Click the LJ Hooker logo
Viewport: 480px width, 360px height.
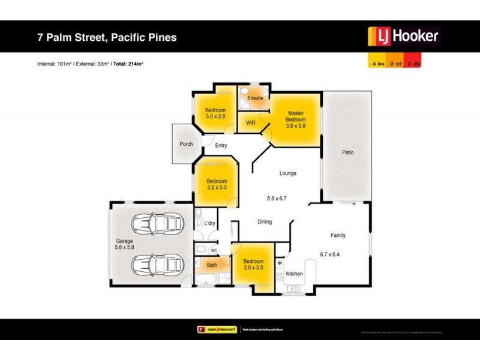pos(403,37)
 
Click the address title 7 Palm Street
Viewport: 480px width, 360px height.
pos(107,37)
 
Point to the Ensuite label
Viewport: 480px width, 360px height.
pos(255,98)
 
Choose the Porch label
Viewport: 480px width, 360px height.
pos(186,144)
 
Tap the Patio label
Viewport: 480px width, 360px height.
pos(348,152)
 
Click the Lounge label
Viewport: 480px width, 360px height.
pos(288,173)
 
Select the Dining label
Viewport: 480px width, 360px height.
pos(265,221)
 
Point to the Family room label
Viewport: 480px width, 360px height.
pos(338,235)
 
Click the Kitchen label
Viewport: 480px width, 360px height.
pos(294,274)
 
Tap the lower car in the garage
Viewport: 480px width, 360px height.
pos(157,263)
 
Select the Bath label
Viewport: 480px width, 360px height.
pos(212,265)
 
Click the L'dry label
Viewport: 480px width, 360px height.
pos(209,224)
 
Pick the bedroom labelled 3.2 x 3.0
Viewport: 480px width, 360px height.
pos(217,184)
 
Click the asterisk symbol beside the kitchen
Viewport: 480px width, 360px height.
pos(280,263)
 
